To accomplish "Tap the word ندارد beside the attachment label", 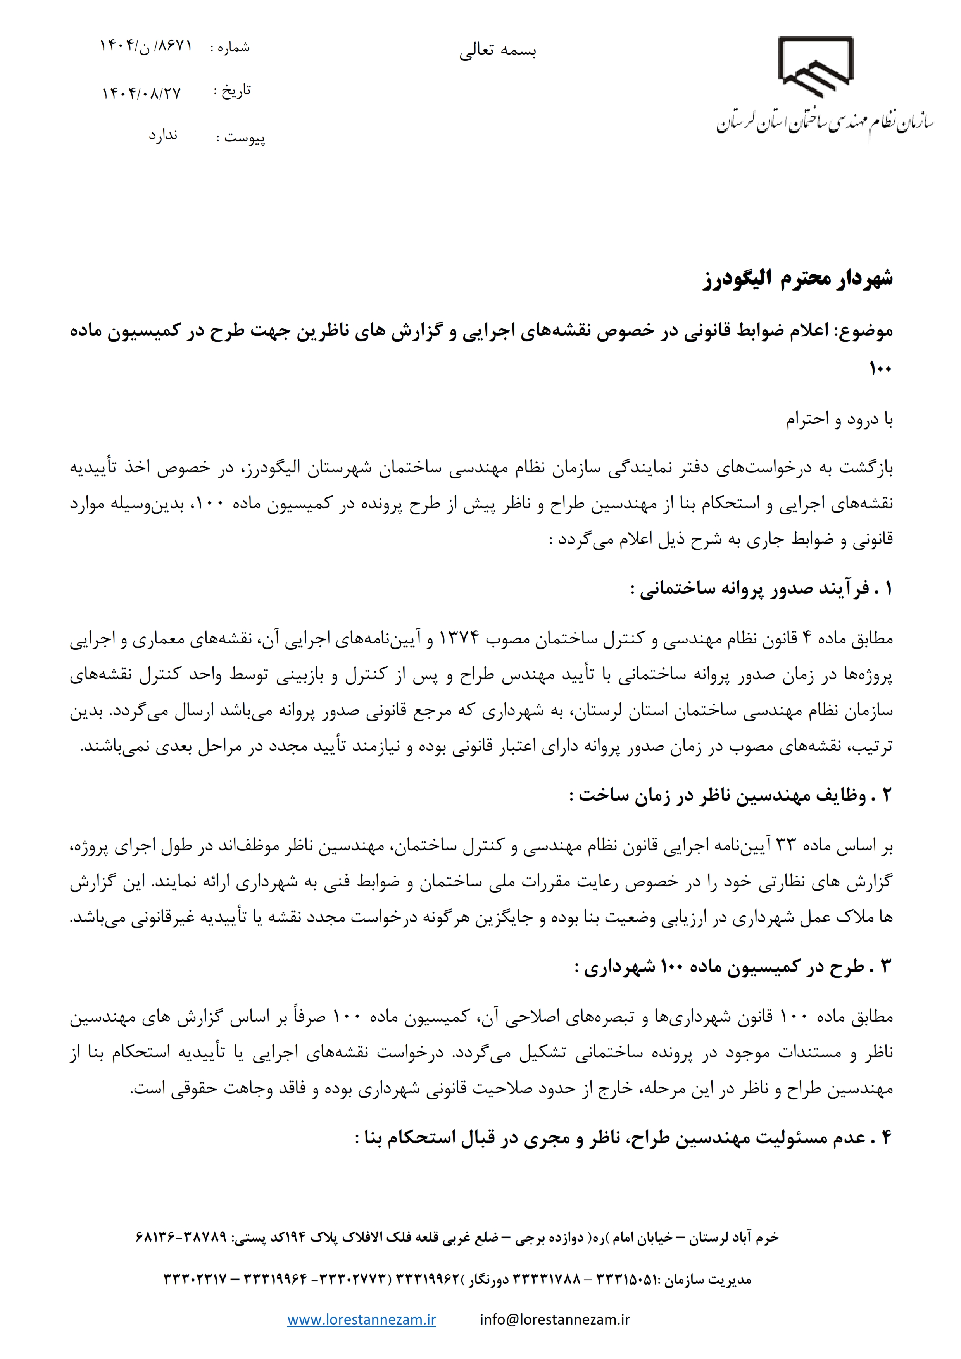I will tap(163, 136).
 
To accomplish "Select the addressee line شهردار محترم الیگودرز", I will tap(797, 279).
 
